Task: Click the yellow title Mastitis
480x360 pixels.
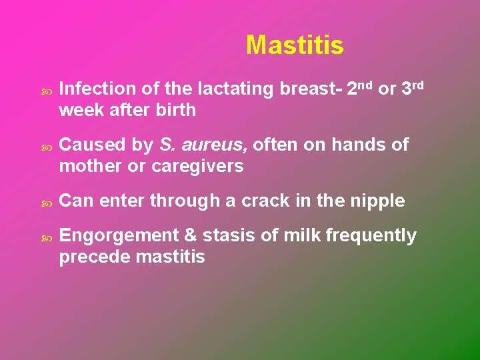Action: pyautogui.click(x=295, y=45)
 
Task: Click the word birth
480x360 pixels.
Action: pyautogui.click(x=175, y=110)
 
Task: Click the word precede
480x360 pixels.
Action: pyautogui.click(x=93, y=257)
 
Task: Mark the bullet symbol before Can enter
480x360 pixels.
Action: pyautogui.click(x=45, y=201)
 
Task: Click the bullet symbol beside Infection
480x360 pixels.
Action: pyautogui.click(x=45, y=89)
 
